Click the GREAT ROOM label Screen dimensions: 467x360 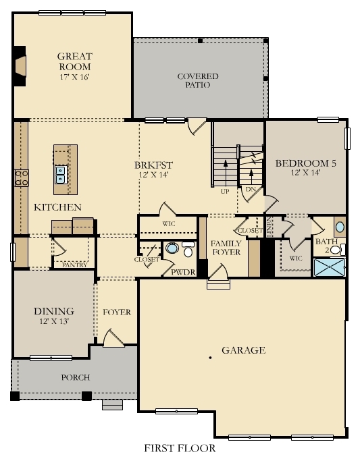click(x=74, y=61)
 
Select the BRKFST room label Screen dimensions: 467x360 click(x=154, y=165)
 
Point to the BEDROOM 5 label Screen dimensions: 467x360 click(x=306, y=163)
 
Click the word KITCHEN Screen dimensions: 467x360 click(x=57, y=207)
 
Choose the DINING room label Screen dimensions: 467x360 click(x=53, y=311)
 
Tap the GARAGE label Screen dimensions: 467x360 click(x=242, y=350)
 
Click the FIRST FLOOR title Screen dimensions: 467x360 click(x=180, y=448)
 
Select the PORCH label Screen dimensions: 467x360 click(x=76, y=377)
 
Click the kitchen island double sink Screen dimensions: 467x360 click(x=60, y=175)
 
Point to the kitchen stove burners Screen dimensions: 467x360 click(x=21, y=178)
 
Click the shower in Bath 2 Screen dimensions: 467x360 click(x=329, y=268)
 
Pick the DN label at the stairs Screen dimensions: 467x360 click(x=250, y=190)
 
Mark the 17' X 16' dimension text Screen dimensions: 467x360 click(x=74, y=77)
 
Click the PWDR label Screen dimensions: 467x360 click(x=182, y=272)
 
